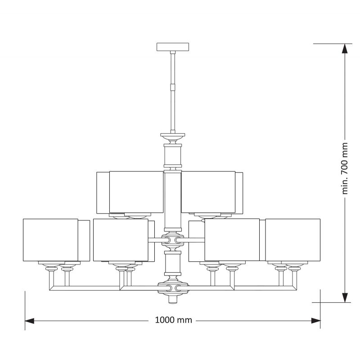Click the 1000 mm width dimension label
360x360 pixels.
pyautogui.click(x=173, y=320)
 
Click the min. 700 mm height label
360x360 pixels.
pyautogui.click(x=345, y=168)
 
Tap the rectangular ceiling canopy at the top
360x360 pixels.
pyautogui.click(x=173, y=47)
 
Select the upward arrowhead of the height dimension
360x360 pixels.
pyautogui.click(x=345, y=49)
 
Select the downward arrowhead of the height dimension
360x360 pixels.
pyautogui.click(x=345, y=297)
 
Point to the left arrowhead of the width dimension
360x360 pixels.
pyautogui.click(x=30, y=321)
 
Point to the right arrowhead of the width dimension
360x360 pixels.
pyautogui.click(x=316, y=321)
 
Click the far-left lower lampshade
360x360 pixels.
pyautogui.click(x=50, y=240)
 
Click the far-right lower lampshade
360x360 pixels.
pyautogui.click(x=293, y=240)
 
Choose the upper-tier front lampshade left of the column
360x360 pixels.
pyautogui.click(x=136, y=192)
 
